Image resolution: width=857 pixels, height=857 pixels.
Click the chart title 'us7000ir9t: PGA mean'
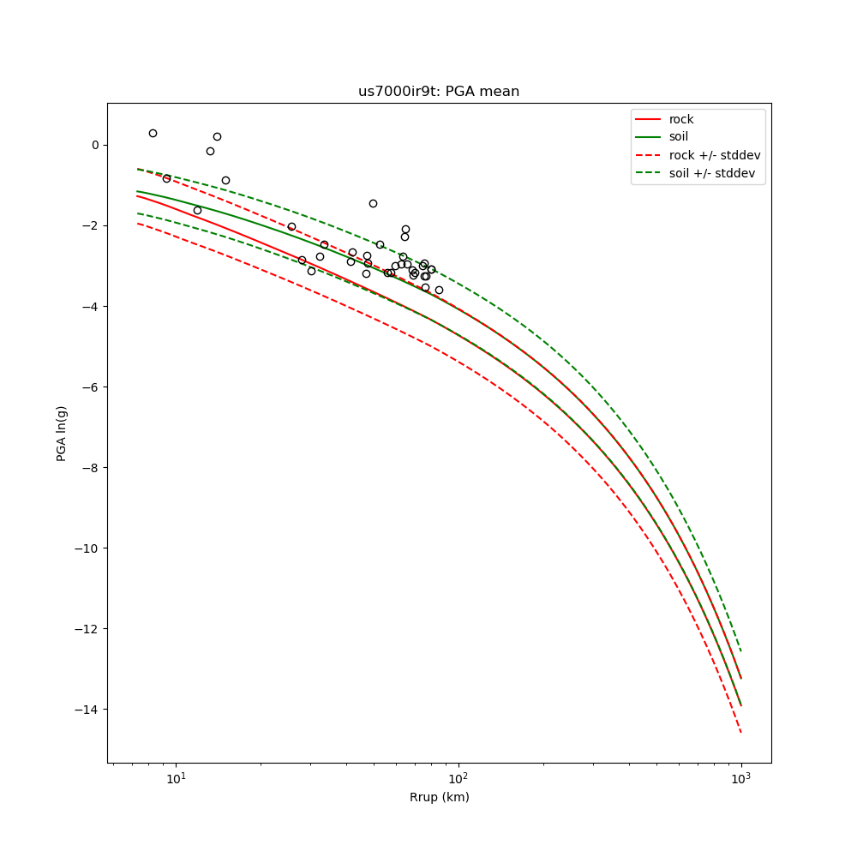point(439,92)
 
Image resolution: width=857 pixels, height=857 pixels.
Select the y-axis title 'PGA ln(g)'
point(62,433)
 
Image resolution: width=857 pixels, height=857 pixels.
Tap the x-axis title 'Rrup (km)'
point(439,797)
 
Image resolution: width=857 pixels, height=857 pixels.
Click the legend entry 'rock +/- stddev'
point(715,155)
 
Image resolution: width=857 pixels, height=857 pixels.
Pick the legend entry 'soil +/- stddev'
point(714,173)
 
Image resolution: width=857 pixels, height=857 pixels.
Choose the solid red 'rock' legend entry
point(681,119)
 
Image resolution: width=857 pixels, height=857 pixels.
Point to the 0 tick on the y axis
point(95,145)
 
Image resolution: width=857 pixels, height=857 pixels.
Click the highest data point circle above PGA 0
point(153,133)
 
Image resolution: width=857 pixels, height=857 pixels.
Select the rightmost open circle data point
point(439,290)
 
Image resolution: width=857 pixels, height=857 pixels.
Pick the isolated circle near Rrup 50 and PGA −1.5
point(373,203)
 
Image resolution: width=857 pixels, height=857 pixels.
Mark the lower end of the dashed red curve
point(740,732)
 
